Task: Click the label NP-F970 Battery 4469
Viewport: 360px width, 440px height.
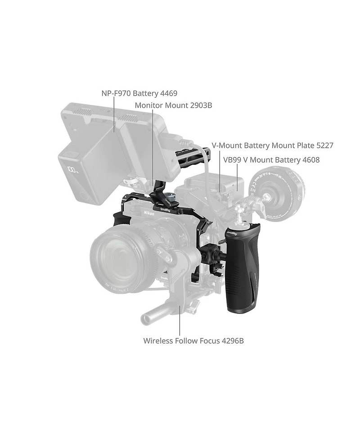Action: coord(139,94)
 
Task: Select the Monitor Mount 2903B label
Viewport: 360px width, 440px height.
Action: coord(173,105)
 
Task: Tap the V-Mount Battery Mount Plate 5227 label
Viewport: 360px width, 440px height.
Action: coord(272,145)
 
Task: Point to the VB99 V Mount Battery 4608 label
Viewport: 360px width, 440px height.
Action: coord(271,159)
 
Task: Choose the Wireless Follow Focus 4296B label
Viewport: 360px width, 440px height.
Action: coord(193,340)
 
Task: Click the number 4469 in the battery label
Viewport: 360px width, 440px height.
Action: coord(169,94)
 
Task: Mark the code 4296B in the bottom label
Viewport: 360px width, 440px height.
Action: coord(232,340)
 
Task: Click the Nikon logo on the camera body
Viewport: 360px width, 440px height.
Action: coord(149,213)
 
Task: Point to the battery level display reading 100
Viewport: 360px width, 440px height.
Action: coord(72,171)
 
